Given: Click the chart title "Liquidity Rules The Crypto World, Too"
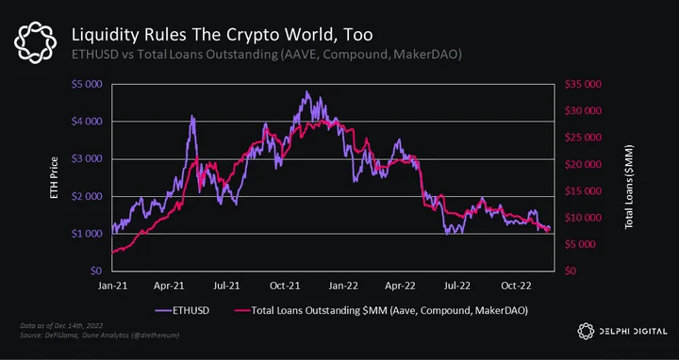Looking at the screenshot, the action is (x=223, y=35).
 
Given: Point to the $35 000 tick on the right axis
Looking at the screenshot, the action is (x=583, y=84).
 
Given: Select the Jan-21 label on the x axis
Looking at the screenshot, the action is (x=112, y=286).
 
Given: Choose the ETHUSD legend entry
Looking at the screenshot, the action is (x=183, y=311).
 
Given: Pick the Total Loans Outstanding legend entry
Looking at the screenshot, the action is (x=381, y=311).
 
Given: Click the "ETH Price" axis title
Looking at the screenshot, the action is (x=54, y=178).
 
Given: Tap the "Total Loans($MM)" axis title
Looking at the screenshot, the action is (x=629, y=187).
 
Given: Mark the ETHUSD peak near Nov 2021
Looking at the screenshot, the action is (x=307, y=91).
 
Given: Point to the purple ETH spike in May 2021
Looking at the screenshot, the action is (x=192, y=116).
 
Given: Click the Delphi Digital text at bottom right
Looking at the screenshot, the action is (x=633, y=332).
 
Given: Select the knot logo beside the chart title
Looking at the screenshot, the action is (x=35, y=42).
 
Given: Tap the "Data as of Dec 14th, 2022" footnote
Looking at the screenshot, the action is (x=61, y=326).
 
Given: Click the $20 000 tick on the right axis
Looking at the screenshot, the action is (x=583, y=164).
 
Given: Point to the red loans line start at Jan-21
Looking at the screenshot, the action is (x=112, y=253).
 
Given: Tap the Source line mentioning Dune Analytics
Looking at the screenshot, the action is (x=100, y=335).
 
